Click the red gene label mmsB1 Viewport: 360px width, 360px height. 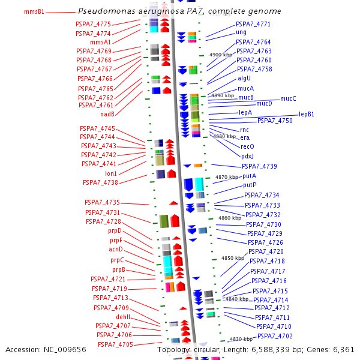pos(34,11)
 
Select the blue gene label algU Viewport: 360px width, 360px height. pos(244,78)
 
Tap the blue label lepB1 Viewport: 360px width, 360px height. pos(306,114)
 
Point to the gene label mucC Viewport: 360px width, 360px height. pos(288,98)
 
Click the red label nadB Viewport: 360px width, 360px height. pos(107,114)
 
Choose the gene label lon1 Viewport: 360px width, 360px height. pos(111,173)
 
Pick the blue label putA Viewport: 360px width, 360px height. pos(250,176)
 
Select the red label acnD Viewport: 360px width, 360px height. pos(116,249)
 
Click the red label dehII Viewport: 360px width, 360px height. pos(123,317)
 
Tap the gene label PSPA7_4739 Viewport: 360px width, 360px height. pos(259,166)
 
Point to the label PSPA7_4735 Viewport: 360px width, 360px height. pos(103,202)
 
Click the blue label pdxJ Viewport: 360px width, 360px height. pos(247,156)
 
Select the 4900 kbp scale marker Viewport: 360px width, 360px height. pos(221,55)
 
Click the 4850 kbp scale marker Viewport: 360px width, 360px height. pos(233,258)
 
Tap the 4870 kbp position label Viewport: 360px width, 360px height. pos(227,177)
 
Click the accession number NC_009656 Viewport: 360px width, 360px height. pos(65,350)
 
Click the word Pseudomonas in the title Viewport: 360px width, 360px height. pos(107,11)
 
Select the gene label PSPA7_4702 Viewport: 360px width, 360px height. pos(275,336)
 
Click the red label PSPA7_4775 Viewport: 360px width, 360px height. pos(93,24)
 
